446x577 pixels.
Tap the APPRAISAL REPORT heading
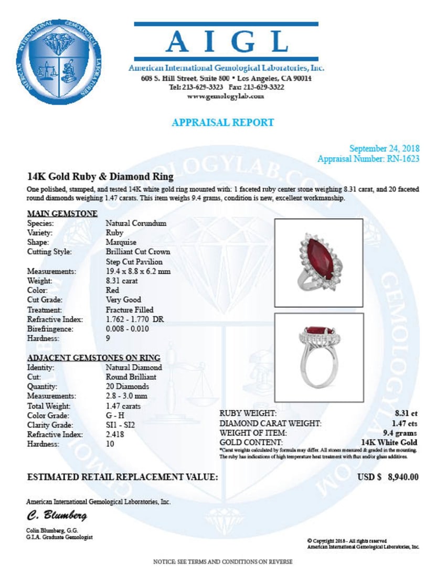coord(222,123)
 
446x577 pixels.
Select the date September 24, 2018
coord(384,149)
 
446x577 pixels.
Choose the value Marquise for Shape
coord(121,242)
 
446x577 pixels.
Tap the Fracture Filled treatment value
coord(130,309)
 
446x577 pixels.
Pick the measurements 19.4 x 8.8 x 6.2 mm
coord(137,271)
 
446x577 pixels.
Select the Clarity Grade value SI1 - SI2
coord(120,425)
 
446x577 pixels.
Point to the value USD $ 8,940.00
coord(388,477)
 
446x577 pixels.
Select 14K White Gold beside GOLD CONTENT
coord(389,442)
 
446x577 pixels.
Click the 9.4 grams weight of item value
coord(400,433)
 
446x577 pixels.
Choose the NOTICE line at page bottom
coord(222,562)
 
